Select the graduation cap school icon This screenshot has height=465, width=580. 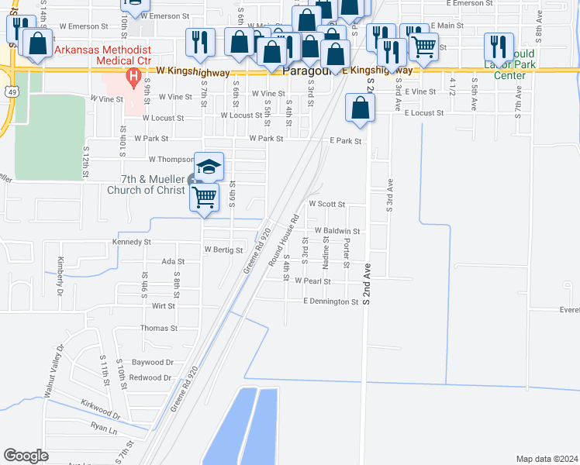coord(209,166)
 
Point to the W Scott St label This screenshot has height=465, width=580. coord(326,204)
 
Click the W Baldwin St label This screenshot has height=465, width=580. coord(337,231)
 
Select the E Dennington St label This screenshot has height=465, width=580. coord(331,301)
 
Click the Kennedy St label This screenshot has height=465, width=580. coord(131,242)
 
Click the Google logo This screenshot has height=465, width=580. coord(26,456)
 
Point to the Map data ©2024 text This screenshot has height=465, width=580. coord(547,459)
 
